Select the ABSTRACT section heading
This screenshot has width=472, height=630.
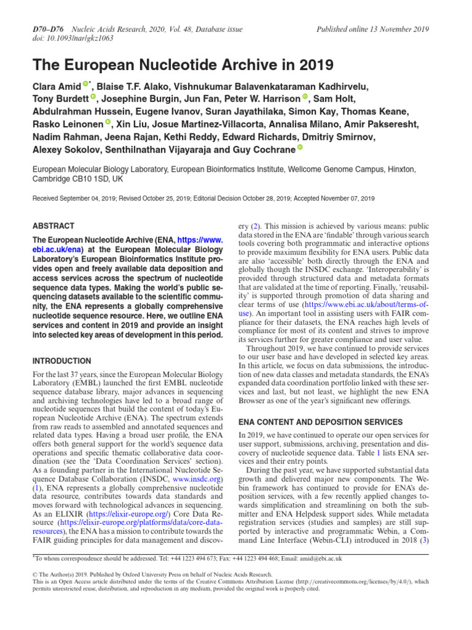click(53, 226)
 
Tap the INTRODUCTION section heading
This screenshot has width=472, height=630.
click(61, 361)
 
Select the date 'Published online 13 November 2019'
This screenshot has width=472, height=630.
click(372, 30)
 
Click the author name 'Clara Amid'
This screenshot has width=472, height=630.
click(57, 87)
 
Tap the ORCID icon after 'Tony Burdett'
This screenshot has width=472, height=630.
click(93, 97)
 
